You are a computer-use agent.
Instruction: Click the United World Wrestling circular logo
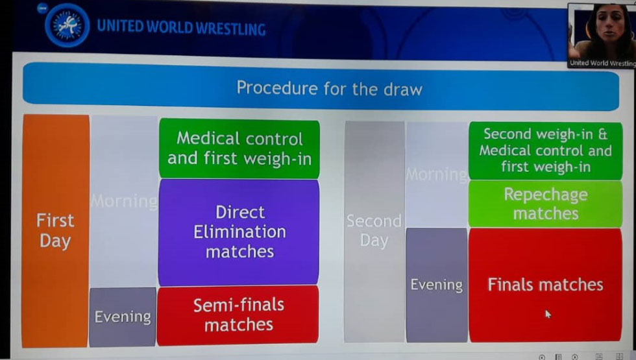[67, 25]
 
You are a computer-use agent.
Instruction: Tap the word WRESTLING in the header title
[230, 29]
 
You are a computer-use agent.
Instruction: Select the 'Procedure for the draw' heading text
[330, 88]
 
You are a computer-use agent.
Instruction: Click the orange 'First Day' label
[55, 230]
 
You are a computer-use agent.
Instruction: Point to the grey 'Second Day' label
[374, 230]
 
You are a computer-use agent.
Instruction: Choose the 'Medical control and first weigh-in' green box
[239, 149]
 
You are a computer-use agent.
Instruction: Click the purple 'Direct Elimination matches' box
[239, 232]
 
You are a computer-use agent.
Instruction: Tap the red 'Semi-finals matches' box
[238, 315]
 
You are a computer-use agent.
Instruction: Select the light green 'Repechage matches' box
[545, 204]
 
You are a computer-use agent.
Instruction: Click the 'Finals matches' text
[545, 285]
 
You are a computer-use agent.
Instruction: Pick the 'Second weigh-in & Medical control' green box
[545, 150]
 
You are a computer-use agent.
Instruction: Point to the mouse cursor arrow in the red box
[548, 314]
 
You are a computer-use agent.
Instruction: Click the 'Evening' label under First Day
[123, 317]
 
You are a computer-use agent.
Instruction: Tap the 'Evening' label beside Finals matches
[436, 285]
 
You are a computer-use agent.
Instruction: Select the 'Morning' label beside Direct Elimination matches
[124, 201]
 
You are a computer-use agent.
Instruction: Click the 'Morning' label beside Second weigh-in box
[437, 174]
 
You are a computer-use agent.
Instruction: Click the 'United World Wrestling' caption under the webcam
[602, 63]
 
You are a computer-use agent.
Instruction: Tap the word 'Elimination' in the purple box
[239, 232]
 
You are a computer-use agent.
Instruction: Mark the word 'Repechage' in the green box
[546, 195]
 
